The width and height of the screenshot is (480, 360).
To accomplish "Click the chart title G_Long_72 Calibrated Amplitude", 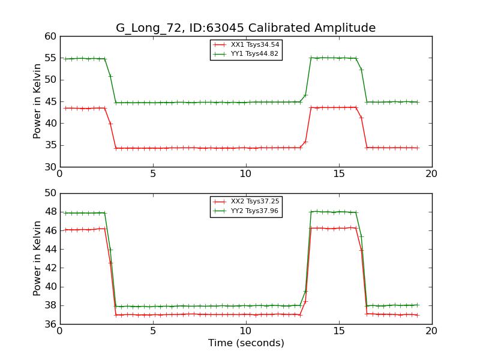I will click(245, 28).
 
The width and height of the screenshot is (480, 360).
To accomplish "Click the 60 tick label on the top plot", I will click(50, 37).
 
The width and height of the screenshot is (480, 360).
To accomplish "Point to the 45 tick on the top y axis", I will click(50, 102).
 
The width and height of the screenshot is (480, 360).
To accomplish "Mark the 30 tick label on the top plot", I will click(50, 167).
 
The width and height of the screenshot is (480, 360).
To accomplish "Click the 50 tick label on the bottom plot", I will click(50, 193).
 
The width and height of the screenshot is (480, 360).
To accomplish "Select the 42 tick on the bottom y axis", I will click(50, 268).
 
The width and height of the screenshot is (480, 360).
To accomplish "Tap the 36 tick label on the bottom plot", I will click(50, 325).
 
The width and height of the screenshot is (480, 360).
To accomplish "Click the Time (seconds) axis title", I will click(245, 344).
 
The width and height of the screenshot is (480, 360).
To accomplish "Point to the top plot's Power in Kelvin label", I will click(37, 101).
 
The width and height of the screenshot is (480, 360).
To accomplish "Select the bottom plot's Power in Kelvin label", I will click(37, 259).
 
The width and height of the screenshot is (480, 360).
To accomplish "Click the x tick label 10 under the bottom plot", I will click(245, 331).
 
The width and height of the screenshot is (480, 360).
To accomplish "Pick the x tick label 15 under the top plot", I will click(338, 174).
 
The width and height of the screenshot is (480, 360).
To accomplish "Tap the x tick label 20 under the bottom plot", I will click(431, 331).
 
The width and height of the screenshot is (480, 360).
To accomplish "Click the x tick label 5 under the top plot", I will click(152, 174).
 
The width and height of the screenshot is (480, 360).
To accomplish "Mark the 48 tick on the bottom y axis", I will click(50, 212).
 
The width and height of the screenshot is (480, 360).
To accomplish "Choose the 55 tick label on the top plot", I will click(50, 58).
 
